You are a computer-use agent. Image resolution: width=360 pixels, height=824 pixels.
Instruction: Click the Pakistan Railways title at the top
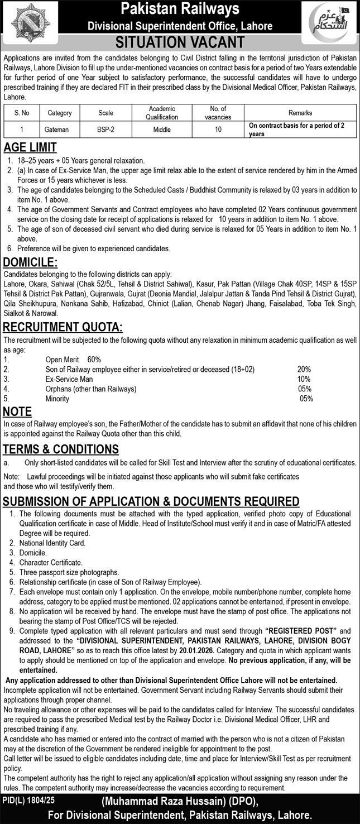tap(180, 9)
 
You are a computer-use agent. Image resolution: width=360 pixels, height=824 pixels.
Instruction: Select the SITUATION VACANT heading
tap(180, 42)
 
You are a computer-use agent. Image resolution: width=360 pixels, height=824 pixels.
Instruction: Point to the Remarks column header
tap(300, 113)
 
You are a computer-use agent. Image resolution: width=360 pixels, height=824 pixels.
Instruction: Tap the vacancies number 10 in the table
tap(218, 129)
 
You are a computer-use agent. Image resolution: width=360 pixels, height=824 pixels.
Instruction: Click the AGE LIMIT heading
tap(30, 148)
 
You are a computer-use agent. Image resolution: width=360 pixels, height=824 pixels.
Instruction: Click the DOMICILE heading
tap(31, 262)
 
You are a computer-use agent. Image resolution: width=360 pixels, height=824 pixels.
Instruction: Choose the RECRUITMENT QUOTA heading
tap(63, 327)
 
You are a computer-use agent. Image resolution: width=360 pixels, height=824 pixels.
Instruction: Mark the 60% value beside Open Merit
tap(94, 360)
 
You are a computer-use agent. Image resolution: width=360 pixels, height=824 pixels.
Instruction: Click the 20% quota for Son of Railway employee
tap(304, 370)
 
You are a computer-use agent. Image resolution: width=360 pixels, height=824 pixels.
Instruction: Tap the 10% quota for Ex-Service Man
tap(304, 379)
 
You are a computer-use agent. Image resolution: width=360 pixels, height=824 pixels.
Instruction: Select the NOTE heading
tap(17, 412)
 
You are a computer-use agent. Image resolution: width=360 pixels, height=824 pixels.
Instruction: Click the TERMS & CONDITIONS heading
tap(61, 449)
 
